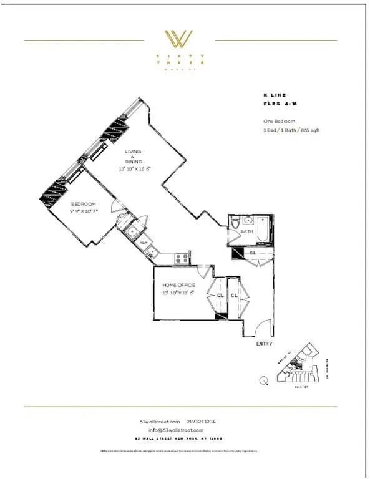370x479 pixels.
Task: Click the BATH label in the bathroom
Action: pos(246,232)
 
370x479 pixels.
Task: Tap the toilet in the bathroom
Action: pos(235,223)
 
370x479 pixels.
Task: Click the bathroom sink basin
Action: pos(248,220)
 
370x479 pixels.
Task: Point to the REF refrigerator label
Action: pos(143,242)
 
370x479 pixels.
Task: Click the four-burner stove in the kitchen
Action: pos(182,257)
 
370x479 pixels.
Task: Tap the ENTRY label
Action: pos(264,344)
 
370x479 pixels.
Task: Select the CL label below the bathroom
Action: pos(253,253)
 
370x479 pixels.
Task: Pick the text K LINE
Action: pos(275,95)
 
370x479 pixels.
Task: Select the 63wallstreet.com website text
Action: pos(160,422)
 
